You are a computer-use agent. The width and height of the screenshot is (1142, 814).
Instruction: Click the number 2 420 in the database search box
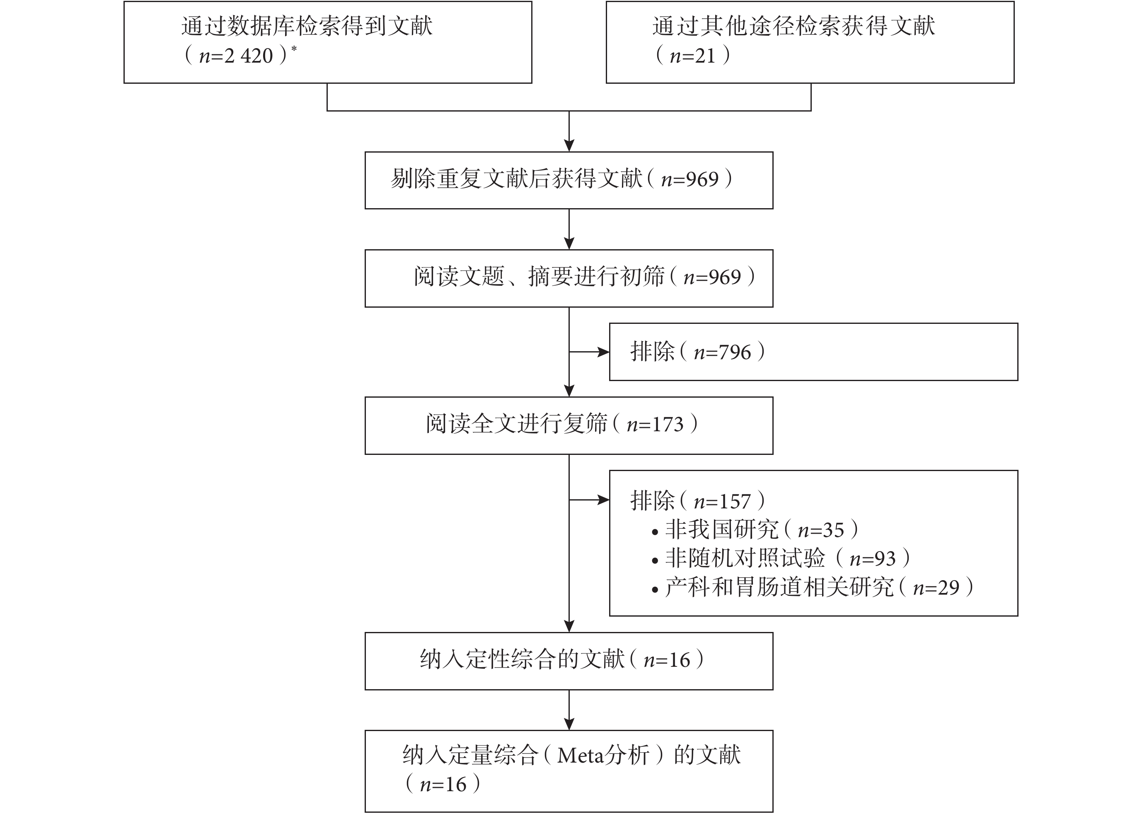point(249,56)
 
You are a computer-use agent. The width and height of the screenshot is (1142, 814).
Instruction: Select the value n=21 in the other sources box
point(693,56)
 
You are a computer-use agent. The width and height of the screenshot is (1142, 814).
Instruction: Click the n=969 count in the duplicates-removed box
point(690,180)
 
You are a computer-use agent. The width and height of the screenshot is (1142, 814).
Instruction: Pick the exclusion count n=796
point(722,352)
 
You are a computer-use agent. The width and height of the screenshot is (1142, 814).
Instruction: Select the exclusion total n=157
point(722,501)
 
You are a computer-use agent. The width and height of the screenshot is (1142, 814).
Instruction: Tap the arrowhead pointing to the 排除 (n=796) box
point(604,352)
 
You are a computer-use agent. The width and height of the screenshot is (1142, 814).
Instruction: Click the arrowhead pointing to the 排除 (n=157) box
point(604,500)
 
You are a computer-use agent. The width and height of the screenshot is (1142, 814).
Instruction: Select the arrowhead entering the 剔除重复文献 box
point(569,146)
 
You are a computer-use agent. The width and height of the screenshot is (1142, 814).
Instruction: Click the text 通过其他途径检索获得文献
point(794,26)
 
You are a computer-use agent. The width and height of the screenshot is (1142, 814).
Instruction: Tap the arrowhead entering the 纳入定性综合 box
point(569,627)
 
